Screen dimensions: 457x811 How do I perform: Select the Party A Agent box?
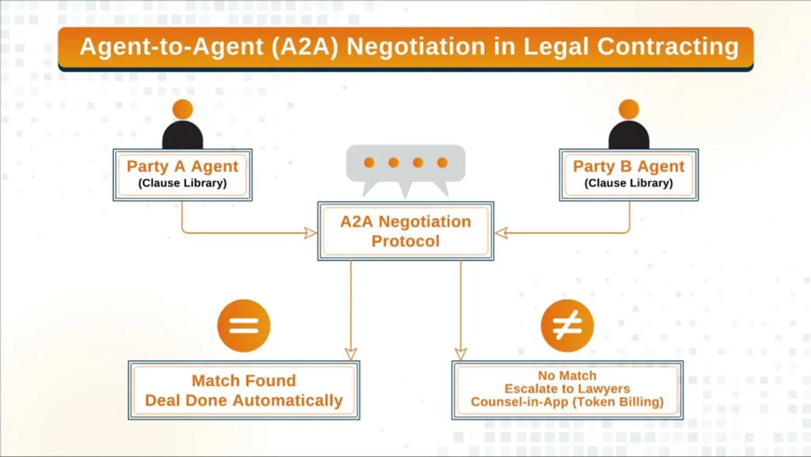(x=182, y=175)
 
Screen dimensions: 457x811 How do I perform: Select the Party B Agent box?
(x=629, y=175)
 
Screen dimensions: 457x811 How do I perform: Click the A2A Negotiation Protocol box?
(x=405, y=231)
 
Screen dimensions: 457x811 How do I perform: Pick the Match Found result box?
(x=244, y=391)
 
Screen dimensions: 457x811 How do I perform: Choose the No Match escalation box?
(x=567, y=389)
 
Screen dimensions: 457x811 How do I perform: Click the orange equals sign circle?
(x=244, y=326)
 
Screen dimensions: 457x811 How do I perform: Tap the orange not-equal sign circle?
(x=567, y=326)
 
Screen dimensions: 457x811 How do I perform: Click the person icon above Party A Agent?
(x=182, y=125)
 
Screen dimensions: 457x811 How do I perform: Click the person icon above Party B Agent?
(x=629, y=125)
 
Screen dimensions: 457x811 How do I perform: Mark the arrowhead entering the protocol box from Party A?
(x=310, y=233)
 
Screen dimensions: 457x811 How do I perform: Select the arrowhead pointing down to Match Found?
(x=351, y=354)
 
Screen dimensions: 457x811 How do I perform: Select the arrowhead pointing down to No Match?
(x=461, y=354)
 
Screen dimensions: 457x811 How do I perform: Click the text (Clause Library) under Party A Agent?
(x=182, y=183)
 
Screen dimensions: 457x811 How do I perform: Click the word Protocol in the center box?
(x=405, y=241)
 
